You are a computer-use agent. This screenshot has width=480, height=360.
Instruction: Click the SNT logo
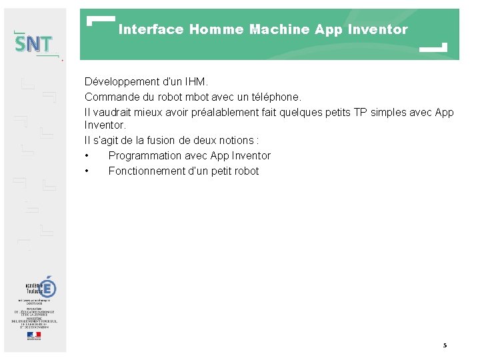click(x=34, y=44)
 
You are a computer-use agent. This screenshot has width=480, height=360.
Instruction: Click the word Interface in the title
click(x=151, y=29)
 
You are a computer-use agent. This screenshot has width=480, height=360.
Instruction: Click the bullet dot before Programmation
click(x=87, y=156)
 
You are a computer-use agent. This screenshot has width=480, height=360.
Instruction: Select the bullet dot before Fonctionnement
click(x=87, y=171)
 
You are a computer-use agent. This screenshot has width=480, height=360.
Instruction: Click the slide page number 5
click(x=445, y=345)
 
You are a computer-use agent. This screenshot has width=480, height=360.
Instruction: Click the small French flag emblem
click(x=33, y=335)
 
